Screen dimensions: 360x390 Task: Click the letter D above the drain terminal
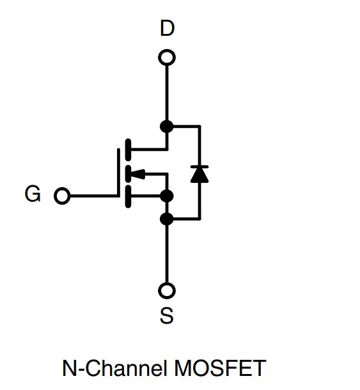pos(167,28)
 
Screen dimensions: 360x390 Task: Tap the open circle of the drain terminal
pos(167,51)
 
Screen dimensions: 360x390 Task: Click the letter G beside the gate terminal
pos(33,194)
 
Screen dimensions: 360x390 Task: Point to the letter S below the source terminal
pos(167,315)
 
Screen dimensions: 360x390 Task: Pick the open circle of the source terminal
pos(167,284)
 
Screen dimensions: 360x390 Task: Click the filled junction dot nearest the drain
pos(167,127)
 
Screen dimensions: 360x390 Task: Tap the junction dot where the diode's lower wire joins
pos(167,219)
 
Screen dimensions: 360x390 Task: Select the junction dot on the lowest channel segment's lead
pos(167,196)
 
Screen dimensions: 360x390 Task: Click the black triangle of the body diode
pos(200,175)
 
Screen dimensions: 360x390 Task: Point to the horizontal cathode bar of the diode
pos(200,166)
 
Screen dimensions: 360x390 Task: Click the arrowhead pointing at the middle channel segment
pos(137,174)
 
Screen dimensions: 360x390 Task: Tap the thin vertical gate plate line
pos(118,173)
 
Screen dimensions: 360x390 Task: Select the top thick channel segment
pos(128,149)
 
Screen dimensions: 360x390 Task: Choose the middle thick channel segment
pos(128,173)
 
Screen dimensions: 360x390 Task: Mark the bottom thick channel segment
pos(128,196)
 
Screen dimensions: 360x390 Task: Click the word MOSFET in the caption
pos(220,368)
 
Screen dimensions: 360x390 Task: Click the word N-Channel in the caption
pos(114,368)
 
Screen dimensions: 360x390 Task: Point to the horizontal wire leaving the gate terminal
pos(94,196)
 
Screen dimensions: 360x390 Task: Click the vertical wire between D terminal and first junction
pos(167,93)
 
